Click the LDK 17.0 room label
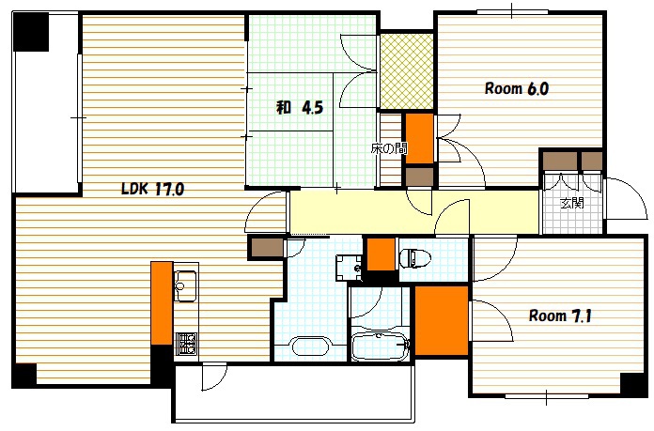pyautogui.click(x=152, y=189)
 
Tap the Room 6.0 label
pyautogui.click(x=517, y=88)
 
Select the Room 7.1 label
pyautogui.click(x=560, y=316)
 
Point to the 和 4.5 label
pyautogui.click(x=300, y=108)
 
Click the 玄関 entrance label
pyautogui.click(x=571, y=204)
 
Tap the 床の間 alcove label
pyautogui.click(x=389, y=148)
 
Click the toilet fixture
pyautogui.click(x=414, y=258)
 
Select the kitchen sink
pyautogui.click(x=185, y=285)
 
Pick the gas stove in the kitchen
pyautogui.click(x=186, y=344)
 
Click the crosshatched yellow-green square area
pyautogui.click(x=407, y=70)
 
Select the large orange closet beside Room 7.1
pyautogui.click(x=442, y=320)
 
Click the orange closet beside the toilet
pyautogui.click(x=381, y=254)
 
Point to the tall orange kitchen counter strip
pyautogui.click(x=162, y=303)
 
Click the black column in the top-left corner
pyautogui.click(x=31, y=32)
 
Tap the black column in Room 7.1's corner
pyautogui.click(x=633, y=384)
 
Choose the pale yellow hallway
pyautogui.click(x=415, y=212)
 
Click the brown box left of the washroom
pyautogui.click(x=266, y=248)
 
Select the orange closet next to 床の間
pyautogui.click(x=420, y=139)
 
